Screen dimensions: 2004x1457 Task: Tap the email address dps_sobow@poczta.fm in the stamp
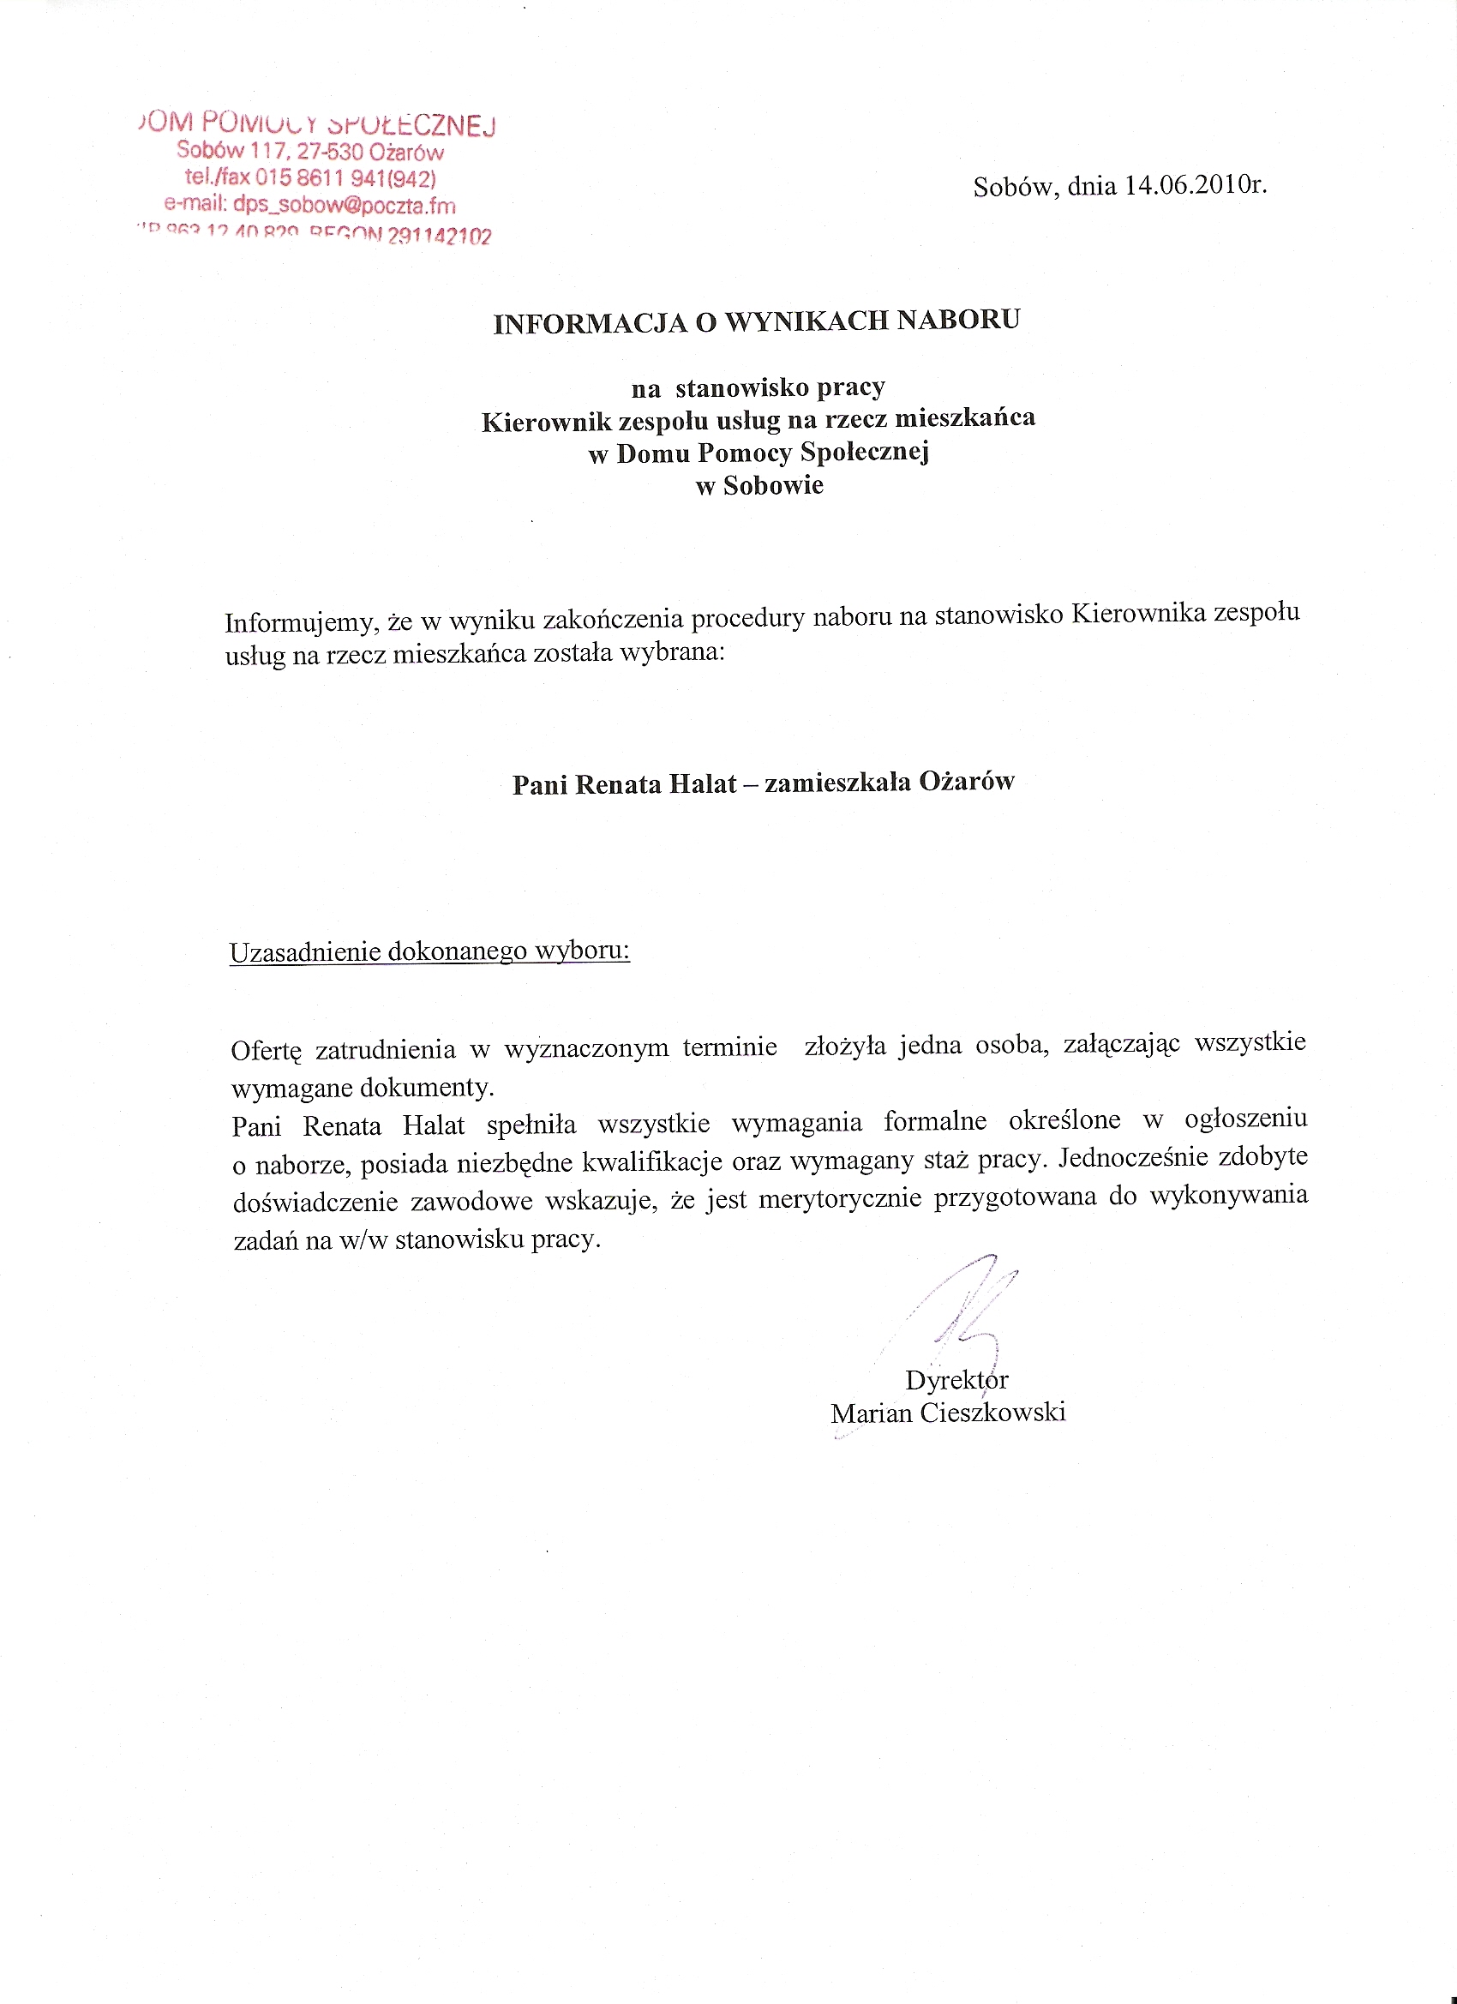(x=345, y=206)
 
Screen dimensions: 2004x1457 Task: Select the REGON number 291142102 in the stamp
(x=439, y=236)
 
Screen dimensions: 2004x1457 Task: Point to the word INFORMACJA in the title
(x=591, y=323)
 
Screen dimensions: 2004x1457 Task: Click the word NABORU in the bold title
(x=959, y=319)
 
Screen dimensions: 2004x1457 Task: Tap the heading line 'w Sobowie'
(x=760, y=485)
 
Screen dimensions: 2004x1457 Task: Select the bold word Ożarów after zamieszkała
(x=967, y=781)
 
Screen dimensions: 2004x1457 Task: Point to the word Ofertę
(x=266, y=1052)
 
